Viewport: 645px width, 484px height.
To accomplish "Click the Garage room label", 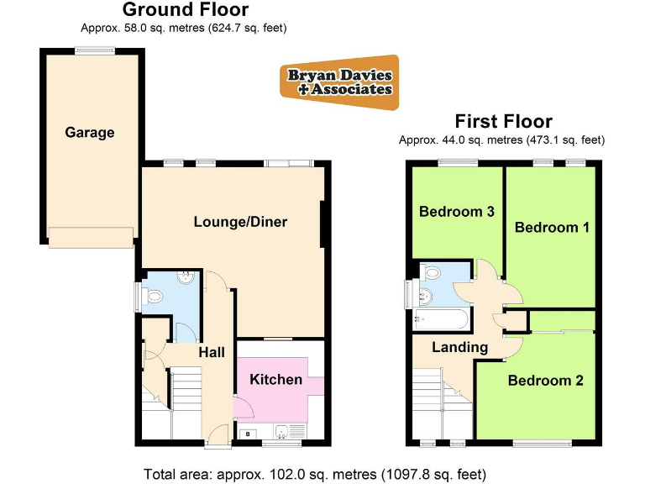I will point(90,133).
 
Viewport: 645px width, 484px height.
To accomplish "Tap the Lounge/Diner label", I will point(240,223).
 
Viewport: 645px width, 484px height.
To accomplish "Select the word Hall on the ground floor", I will point(211,353).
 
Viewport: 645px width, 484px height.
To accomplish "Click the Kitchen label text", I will point(275,380).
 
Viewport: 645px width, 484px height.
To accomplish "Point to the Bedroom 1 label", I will point(546,228).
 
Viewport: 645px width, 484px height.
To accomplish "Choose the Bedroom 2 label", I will point(545,381).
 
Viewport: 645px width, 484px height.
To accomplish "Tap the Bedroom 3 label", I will point(456,212).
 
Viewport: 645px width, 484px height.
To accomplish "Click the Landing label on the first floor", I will point(459,348).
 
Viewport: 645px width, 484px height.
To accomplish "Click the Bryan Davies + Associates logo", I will point(339,82).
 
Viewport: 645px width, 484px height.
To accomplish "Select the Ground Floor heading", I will point(185,10).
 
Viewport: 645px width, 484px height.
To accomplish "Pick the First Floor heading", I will point(503,122).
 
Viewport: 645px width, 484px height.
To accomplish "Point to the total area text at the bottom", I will point(315,474).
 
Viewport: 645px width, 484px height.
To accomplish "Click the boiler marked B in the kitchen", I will point(249,434).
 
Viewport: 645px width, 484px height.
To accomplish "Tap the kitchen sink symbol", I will point(286,433).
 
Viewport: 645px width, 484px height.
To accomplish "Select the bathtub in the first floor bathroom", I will point(442,318).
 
